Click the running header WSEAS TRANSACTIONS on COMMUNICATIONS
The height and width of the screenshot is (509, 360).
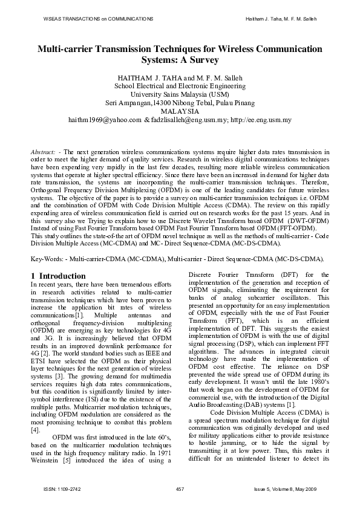98,19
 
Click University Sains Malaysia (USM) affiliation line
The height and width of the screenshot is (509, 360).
180,94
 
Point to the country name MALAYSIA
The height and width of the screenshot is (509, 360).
180,111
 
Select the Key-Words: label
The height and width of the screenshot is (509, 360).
47,259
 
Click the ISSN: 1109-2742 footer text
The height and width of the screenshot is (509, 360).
59,488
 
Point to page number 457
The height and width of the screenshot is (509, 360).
180,488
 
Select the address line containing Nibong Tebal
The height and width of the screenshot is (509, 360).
180,103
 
